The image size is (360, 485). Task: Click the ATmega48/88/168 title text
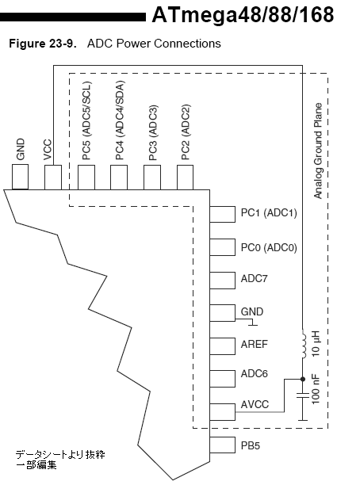point(243,15)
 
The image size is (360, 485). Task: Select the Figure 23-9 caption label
point(43,44)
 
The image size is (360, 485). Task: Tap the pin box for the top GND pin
point(20,177)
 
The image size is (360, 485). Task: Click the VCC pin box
point(53,177)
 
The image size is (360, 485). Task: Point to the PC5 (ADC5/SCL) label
point(86,120)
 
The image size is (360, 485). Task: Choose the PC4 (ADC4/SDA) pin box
point(119,178)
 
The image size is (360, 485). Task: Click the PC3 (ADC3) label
point(153,132)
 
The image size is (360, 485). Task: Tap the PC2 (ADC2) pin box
point(185,178)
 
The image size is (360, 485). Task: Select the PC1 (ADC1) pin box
point(222,214)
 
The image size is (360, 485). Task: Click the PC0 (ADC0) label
point(269,248)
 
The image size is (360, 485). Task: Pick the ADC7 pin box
point(222,281)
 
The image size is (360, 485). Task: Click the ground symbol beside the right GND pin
point(252,323)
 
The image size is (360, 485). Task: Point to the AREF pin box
point(222,346)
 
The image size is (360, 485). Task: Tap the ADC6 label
point(254,373)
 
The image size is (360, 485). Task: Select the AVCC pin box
point(222,412)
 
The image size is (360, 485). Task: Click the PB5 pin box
point(222,445)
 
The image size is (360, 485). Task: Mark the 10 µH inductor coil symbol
point(304,344)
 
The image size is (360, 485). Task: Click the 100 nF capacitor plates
point(303,395)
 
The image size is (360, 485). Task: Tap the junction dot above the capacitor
point(303,379)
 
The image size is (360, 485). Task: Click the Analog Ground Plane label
point(318,151)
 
